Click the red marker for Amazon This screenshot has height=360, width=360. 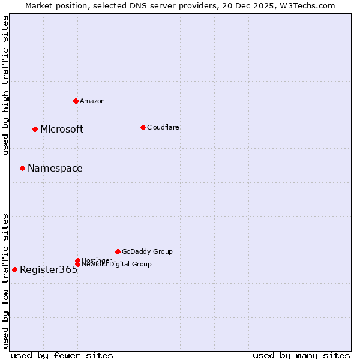click(76, 101)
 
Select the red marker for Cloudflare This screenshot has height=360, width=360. click(143, 127)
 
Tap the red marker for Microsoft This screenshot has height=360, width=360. click(35, 129)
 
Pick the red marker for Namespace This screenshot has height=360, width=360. click(22, 168)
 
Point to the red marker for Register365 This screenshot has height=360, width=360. click(14, 269)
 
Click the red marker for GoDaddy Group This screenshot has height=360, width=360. click(118, 251)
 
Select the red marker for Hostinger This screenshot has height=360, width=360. click(77, 260)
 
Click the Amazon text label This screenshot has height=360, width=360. click(92, 101)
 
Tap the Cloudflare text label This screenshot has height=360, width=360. click(163, 127)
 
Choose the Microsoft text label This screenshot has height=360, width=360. click(62, 129)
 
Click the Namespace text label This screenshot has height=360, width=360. click(55, 168)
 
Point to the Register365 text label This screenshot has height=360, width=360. click(49, 269)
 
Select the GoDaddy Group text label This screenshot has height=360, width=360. click(147, 251)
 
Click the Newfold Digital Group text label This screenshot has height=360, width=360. click(116, 265)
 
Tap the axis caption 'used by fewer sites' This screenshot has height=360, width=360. click(62, 355)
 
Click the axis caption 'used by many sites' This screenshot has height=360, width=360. click(301, 355)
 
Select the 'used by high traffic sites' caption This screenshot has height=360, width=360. click(5, 85)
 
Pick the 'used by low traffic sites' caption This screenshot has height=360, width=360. click(5, 280)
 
